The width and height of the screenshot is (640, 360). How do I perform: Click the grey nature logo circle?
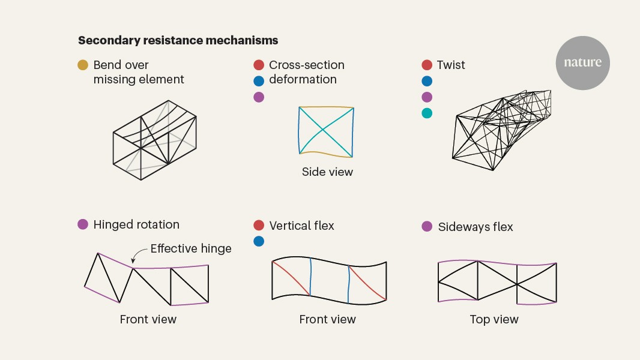click(582, 63)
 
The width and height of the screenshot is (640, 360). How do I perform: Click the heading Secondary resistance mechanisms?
click(178, 41)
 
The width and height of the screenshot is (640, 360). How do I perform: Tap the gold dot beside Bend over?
click(83, 65)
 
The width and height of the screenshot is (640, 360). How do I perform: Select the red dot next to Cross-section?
click(259, 65)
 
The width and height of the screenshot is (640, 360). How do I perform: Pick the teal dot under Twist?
click(427, 113)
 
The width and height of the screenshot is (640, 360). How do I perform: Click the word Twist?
click(451, 65)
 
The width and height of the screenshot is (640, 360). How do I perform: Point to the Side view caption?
click(327, 172)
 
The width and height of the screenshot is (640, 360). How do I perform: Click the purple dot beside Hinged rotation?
click(83, 224)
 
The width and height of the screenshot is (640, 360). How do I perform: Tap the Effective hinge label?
click(191, 248)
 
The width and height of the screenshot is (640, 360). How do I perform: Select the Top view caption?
click(494, 319)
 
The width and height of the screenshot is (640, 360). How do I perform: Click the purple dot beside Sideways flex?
click(427, 226)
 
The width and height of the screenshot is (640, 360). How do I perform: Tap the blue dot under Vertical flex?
click(259, 241)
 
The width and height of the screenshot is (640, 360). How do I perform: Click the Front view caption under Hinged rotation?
click(148, 319)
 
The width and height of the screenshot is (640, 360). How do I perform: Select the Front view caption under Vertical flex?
click(327, 319)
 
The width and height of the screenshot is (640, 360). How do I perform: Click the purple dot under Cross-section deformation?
click(259, 97)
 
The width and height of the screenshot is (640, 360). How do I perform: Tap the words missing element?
click(139, 79)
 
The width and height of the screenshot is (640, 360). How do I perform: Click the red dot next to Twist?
click(427, 65)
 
